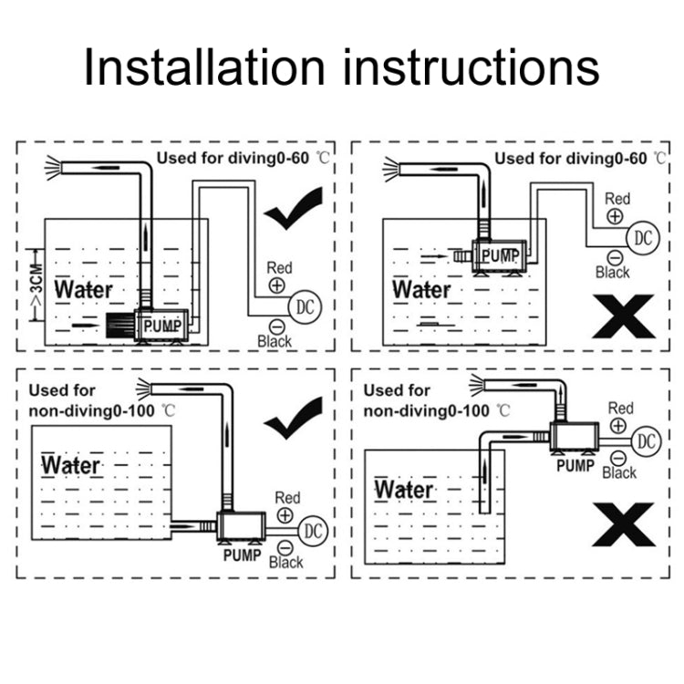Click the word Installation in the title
202,68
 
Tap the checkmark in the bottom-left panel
293,417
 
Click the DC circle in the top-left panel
304,306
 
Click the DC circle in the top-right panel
644,238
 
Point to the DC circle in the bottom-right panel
646,441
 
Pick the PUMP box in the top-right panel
499,254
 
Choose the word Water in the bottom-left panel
71,464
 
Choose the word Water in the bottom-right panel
404,489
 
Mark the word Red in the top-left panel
279,268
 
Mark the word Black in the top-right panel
612,272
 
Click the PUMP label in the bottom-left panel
241,553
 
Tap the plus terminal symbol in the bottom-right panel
619,426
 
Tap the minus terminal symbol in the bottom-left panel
285,546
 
